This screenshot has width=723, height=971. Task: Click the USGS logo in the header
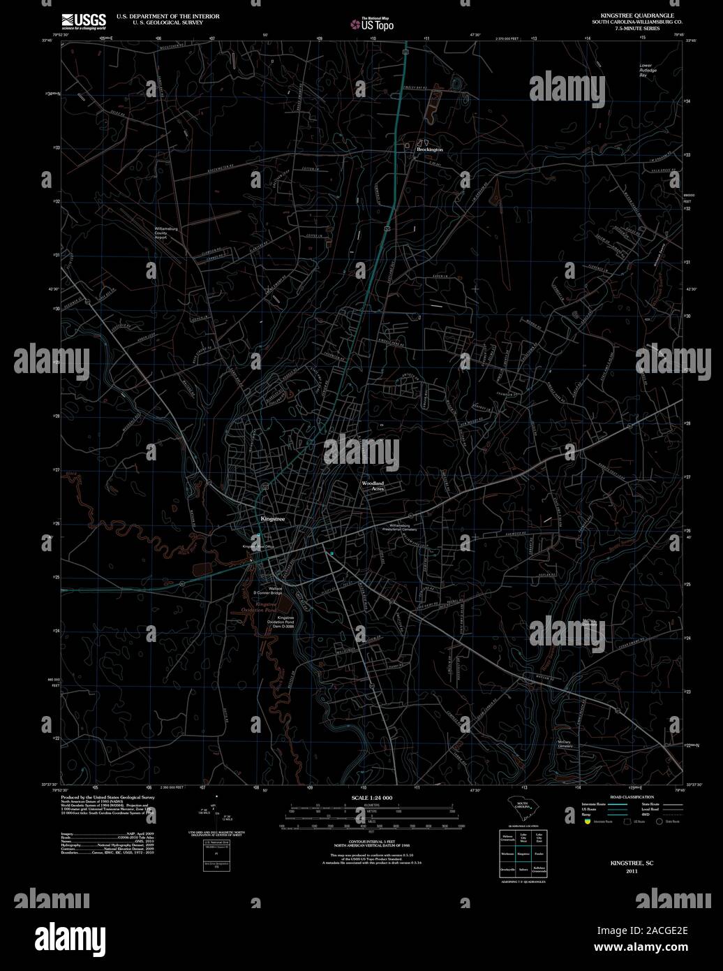[x=84, y=20]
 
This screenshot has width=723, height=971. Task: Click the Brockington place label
[x=429, y=149]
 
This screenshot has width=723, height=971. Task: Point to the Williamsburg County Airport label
[x=170, y=233]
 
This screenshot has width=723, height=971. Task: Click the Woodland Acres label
[x=373, y=486]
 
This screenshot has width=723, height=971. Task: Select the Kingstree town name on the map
[x=272, y=519]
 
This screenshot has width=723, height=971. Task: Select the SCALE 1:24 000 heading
[x=372, y=798]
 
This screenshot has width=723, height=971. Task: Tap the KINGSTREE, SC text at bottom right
[x=632, y=863]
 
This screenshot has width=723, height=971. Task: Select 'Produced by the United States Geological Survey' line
[x=107, y=797]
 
